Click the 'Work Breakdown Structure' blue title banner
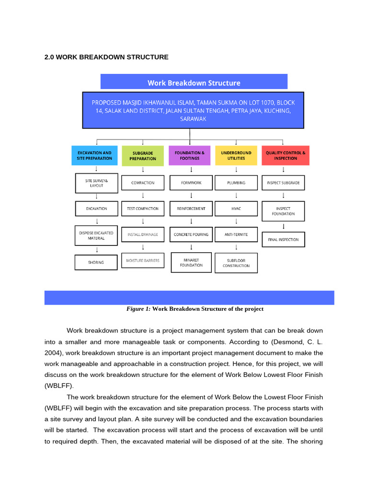(194, 82)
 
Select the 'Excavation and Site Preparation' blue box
(94, 155)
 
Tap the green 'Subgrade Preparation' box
(142, 155)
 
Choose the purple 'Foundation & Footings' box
(189, 155)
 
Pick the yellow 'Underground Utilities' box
(236, 155)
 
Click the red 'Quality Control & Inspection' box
(285, 155)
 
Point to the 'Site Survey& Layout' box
(96, 183)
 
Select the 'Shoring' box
(96, 262)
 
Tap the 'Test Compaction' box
(142, 209)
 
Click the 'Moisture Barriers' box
(142, 261)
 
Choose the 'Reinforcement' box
(191, 209)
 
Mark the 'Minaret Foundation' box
(191, 262)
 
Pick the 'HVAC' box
(236, 209)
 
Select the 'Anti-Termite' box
(236, 234)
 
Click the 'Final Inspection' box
(283, 239)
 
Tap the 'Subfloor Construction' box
(236, 263)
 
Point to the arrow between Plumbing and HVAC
(236, 196)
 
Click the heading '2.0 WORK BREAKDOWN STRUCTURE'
(106, 57)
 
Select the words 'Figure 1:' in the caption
(138, 309)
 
